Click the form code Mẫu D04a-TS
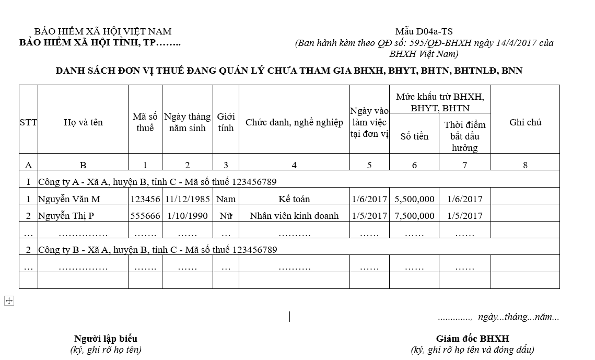[424, 31]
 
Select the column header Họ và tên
[83, 122]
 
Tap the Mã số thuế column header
[145, 122]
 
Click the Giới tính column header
[226, 122]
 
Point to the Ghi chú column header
[525, 122]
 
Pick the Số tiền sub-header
[414, 136]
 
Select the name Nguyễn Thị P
[66, 216]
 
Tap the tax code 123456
[145, 199]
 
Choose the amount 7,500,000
[414, 216]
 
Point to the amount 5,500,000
[414, 199]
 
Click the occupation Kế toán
[294, 199]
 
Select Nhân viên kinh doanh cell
[294, 216]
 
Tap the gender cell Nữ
[226, 216]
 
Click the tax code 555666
[145, 216]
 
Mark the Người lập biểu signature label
[106, 339]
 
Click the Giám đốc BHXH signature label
[472, 339]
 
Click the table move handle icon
[9, 300]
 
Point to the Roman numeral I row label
[28, 182]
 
